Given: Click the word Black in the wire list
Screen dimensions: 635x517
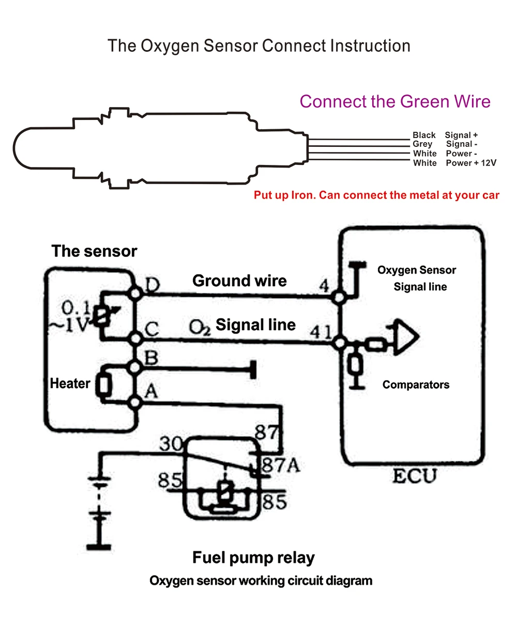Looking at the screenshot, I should [424, 135].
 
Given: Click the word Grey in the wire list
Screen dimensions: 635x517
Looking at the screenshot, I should [422, 144].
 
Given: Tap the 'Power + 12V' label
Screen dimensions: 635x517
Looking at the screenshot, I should [471, 163].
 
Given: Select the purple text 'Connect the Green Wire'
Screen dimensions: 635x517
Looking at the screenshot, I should [395, 101].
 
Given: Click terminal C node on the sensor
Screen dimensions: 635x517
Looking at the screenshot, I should [135, 339].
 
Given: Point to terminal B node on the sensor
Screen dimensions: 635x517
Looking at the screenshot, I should [135, 368].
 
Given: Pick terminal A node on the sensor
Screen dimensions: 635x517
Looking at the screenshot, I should [135, 402].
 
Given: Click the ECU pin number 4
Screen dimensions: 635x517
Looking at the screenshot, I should [324, 285].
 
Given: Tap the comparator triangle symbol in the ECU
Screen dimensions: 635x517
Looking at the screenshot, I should [405, 338].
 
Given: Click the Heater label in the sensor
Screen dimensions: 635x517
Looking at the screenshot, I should [70, 384].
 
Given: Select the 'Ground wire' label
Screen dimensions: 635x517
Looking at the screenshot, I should [239, 281].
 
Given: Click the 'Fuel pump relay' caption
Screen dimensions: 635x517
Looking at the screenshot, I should [253, 558].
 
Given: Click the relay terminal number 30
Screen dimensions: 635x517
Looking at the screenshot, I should [171, 444].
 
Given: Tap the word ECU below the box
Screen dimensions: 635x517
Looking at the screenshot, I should [415, 476].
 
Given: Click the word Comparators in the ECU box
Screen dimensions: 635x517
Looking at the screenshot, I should [416, 385].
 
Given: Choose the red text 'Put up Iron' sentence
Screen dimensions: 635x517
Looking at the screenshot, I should [376, 195].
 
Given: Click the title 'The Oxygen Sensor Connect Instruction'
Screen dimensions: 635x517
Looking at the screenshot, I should [258, 46].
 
